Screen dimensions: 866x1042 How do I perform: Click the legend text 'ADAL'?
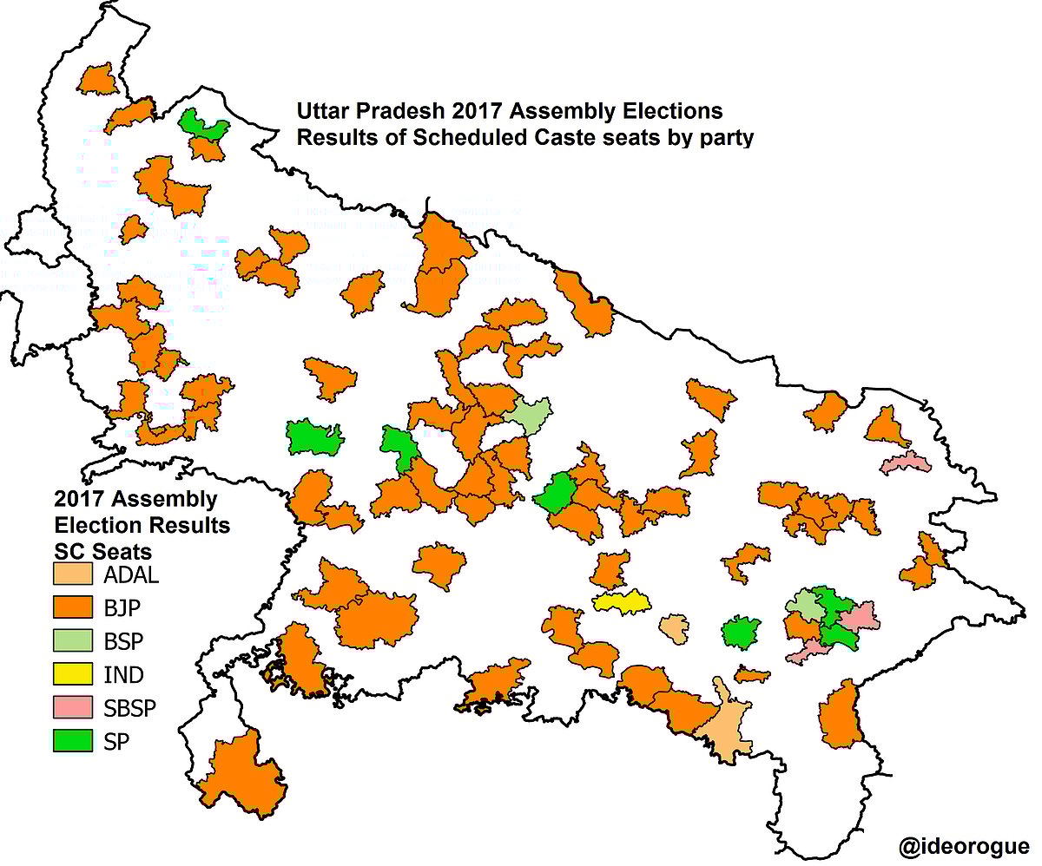131,574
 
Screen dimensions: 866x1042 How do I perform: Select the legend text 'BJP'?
122,607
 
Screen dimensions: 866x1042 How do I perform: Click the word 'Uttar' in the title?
320,113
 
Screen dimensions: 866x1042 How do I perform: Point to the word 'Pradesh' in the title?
387,113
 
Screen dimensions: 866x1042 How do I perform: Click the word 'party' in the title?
725,137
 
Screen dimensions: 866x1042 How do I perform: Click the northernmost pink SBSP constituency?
906,462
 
